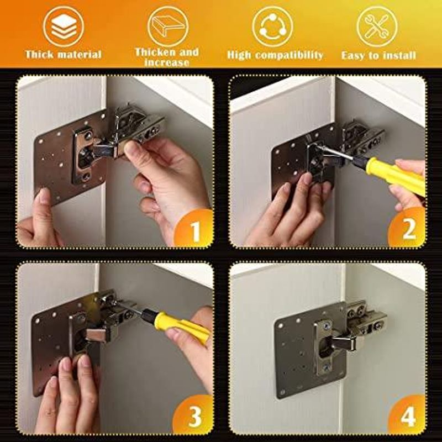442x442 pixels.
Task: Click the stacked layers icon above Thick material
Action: pos(64,25)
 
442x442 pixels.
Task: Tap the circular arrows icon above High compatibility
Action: pos(272,25)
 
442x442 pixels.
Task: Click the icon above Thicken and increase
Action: pos(167,25)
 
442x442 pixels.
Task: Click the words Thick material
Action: pos(64,55)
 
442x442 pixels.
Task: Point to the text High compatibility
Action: pos(275,55)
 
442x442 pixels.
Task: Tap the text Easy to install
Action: pos(378,55)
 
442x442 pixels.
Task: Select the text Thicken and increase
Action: pos(167,57)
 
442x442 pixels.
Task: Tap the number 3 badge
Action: pos(194,418)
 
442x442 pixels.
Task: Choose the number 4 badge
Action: pos(408,418)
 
